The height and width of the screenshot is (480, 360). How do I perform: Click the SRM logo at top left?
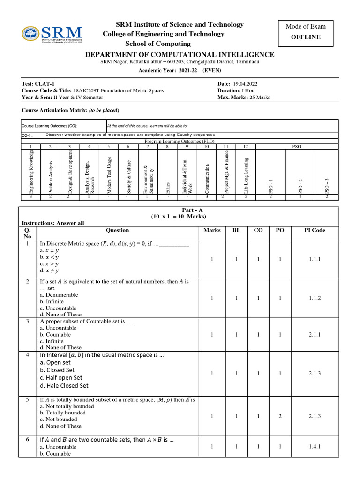[x=52, y=34]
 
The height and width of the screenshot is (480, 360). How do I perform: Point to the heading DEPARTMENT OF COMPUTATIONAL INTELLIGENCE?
[x=180, y=55]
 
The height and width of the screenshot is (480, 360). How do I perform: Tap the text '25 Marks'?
[x=258, y=97]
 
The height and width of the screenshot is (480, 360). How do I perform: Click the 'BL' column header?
[x=236, y=230]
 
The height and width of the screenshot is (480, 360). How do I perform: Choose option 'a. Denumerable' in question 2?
[x=59, y=295]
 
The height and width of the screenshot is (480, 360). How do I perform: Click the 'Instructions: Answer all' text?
[x=53, y=223]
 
